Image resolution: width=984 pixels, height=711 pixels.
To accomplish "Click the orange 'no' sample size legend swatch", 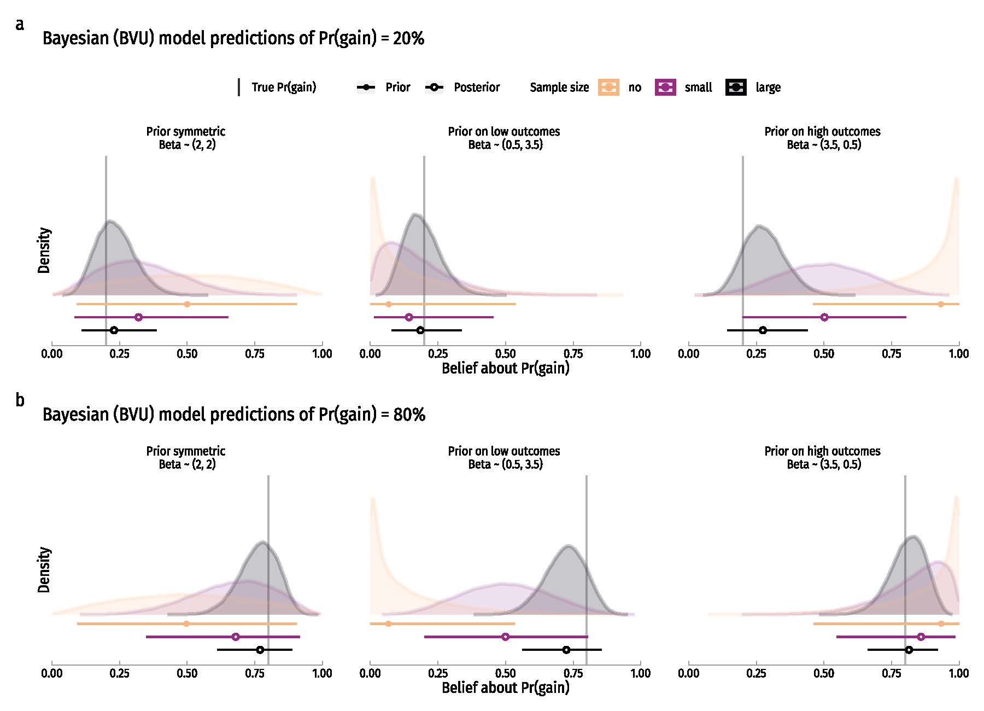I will tap(609, 87).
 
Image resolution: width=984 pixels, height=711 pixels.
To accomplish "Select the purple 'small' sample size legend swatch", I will tap(665, 87).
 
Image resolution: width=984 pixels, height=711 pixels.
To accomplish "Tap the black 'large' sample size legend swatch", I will tap(736, 87).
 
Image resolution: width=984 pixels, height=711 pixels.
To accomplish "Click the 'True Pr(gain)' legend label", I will tap(284, 87).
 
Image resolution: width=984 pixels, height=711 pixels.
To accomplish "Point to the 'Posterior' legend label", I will tap(477, 87).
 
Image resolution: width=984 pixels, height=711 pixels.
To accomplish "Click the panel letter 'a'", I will tap(20, 25).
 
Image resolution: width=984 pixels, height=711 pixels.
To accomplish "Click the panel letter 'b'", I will tap(20, 400).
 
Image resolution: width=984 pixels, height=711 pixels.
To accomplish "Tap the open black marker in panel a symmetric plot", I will tap(114, 330).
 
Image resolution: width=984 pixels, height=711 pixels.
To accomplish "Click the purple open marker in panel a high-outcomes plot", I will tap(824, 317).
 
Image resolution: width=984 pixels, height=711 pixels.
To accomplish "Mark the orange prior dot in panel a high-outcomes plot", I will tap(940, 304).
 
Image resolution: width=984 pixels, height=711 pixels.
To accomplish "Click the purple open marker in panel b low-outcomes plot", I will tap(505, 637).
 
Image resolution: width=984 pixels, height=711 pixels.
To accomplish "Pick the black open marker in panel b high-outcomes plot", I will tap(909, 650).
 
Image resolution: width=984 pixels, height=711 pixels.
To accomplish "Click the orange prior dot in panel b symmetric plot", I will tap(186, 623).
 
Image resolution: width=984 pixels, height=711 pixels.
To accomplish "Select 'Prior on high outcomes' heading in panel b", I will tap(822, 451).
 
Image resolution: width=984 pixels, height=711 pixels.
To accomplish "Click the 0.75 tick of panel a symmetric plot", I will tap(255, 354).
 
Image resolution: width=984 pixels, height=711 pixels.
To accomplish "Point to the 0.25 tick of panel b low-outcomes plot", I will tap(438, 673).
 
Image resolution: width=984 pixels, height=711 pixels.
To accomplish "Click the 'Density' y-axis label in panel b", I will tap(44, 569).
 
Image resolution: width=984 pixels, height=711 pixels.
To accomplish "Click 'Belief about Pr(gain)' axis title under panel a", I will tap(505, 368).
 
